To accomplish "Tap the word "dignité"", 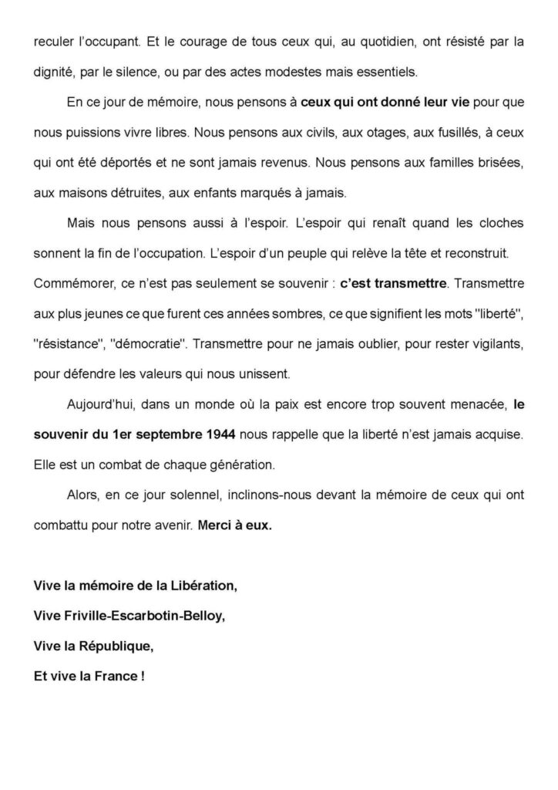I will [55, 72].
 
